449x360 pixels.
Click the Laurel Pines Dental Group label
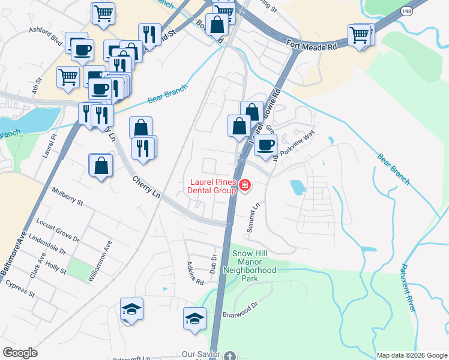213,186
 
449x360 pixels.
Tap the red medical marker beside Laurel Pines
244,185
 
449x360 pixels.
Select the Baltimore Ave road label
13,254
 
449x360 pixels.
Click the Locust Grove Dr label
58,229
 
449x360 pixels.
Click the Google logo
20,353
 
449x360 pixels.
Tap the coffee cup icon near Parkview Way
265,145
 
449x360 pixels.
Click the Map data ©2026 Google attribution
411,355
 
